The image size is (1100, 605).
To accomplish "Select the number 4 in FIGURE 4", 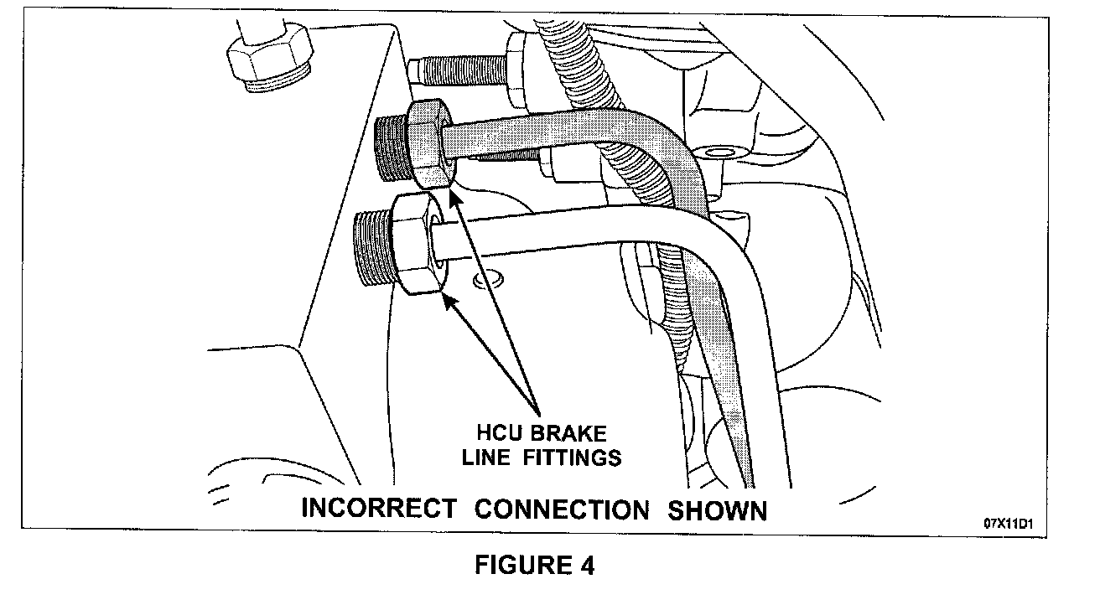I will (586, 566).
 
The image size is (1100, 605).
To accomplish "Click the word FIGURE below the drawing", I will (521, 566).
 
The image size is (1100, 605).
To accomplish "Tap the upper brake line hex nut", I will (430, 142).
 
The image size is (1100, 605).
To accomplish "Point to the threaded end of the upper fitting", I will (390, 149).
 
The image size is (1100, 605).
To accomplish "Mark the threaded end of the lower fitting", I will (370, 249).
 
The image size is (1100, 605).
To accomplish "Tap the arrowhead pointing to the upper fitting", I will (454, 197).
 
